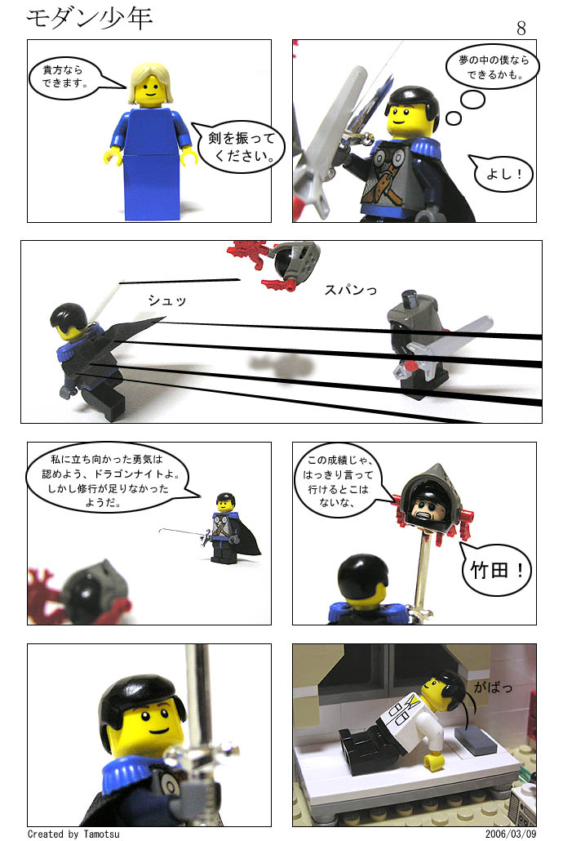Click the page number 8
click(x=521, y=29)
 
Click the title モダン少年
click(x=90, y=19)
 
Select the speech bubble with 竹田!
click(x=496, y=569)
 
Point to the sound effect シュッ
click(x=166, y=301)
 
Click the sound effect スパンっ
click(x=351, y=290)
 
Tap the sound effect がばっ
click(x=493, y=687)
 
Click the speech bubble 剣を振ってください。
click(x=240, y=146)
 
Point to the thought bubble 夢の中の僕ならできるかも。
click(x=492, y=67)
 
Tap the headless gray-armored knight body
click(x=419, y=343)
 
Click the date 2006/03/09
click(x=511, y=834)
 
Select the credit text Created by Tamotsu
click(x=73, y=834)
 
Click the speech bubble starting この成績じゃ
click(x=339, y=481)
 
